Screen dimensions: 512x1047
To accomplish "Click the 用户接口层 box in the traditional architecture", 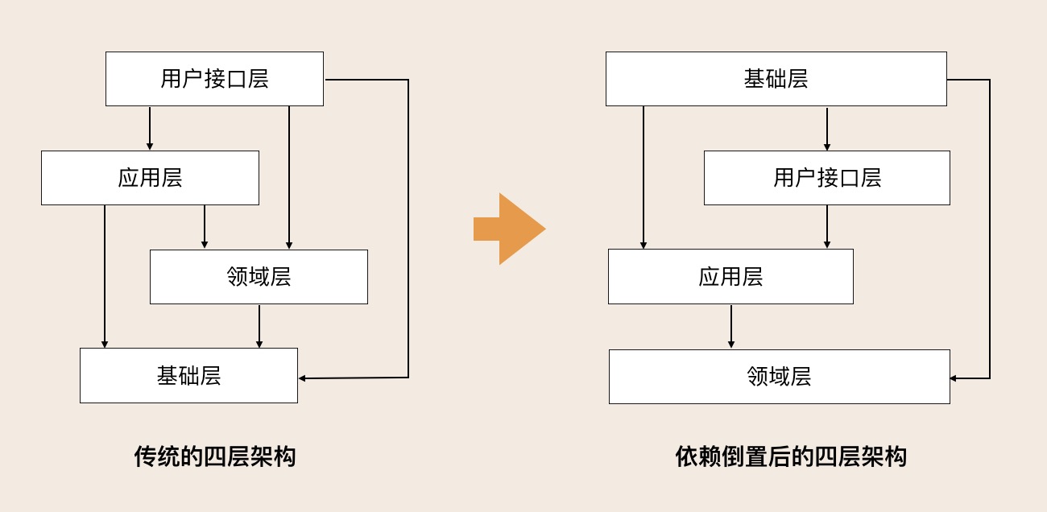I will pos(214,79).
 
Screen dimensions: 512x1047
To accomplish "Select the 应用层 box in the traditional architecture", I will pos(150,178).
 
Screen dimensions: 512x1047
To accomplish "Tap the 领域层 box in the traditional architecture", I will pos(259,277).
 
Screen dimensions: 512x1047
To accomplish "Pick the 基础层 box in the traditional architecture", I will pos(188,376).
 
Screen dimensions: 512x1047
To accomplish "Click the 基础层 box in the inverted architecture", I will pos(776,79).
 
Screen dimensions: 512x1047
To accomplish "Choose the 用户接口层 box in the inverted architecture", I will pos(826,178).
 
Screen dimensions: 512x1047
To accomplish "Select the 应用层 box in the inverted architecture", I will pos(730,277).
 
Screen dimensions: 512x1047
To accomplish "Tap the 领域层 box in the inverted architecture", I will pos(779,377).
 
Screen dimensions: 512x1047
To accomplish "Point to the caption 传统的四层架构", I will pos(215,456).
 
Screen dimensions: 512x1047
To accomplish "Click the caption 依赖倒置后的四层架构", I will pos(791,456).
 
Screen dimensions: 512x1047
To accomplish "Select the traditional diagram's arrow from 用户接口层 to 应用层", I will pos(150,128).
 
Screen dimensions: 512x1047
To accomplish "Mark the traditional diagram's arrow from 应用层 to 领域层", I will pos(205,227).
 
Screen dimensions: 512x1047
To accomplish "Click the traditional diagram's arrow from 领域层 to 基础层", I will pos(259,326).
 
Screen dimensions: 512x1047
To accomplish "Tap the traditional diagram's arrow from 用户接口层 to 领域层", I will pos(289,177).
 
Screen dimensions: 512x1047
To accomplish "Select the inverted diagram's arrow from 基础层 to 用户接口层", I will pos(827,128).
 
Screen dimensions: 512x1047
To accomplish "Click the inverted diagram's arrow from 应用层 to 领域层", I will pos(731,326).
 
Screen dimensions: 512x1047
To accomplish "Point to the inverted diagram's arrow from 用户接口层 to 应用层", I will pos(827,227).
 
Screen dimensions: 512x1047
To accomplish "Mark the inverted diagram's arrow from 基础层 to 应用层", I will pos(644,177).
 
